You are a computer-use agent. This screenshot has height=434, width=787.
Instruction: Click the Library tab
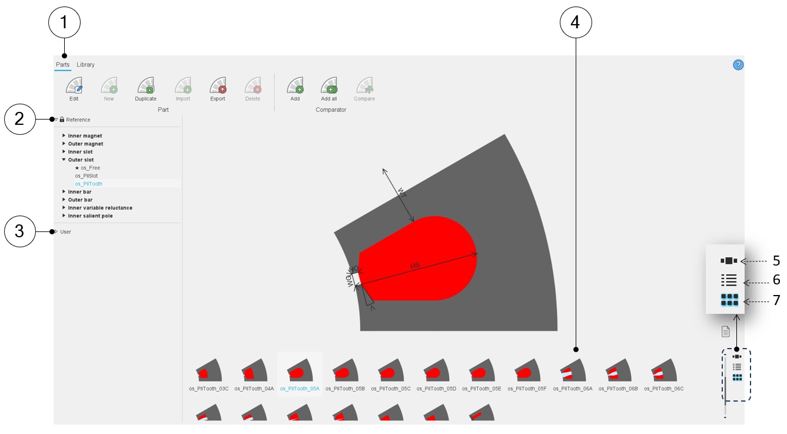(85, 65)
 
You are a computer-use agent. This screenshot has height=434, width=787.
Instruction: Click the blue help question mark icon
(738, 65)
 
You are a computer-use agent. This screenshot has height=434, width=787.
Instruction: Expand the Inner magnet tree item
(64, 135)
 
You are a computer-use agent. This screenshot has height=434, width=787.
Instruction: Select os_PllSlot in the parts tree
(87, 175)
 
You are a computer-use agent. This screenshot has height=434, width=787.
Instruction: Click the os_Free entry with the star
(88, 168)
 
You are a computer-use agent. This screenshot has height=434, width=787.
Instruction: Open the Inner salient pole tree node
(64, 216)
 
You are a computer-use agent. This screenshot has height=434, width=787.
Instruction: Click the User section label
(66, 232)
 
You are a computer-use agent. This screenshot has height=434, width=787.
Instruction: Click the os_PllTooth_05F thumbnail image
(527, 370)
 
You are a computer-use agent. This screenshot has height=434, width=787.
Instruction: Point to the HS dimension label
(415, 266)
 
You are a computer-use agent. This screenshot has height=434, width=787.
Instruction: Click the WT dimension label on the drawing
(402, 193)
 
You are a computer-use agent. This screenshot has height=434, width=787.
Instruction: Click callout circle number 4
(576, 22)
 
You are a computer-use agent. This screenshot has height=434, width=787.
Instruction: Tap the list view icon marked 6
(729, 280)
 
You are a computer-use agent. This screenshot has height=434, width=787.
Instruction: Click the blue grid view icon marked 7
(729, 300)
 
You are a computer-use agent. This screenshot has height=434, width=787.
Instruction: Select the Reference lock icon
(62, 120)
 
